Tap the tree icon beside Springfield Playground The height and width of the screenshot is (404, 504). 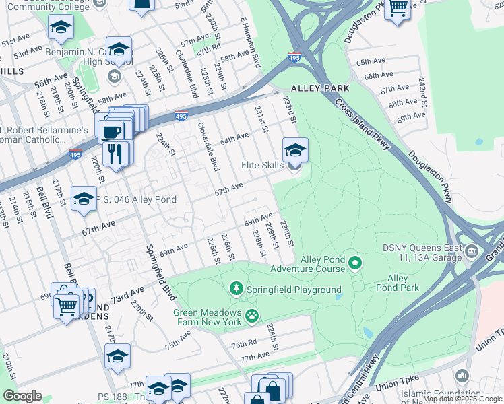[x=237, y=290]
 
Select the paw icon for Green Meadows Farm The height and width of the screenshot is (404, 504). [x=251, y=315]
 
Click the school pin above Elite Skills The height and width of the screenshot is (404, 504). [x=294, y=150]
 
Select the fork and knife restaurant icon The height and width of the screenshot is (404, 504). [x=116, y=152]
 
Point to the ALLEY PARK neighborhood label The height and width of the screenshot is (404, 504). [x=320, y=88]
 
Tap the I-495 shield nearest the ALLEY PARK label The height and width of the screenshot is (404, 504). [x=294, y=57]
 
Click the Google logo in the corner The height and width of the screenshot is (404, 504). [x=23, y=395]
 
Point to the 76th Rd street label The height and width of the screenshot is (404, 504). [x=245, y=344]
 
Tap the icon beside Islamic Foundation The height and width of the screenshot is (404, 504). [x=462, y=374]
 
